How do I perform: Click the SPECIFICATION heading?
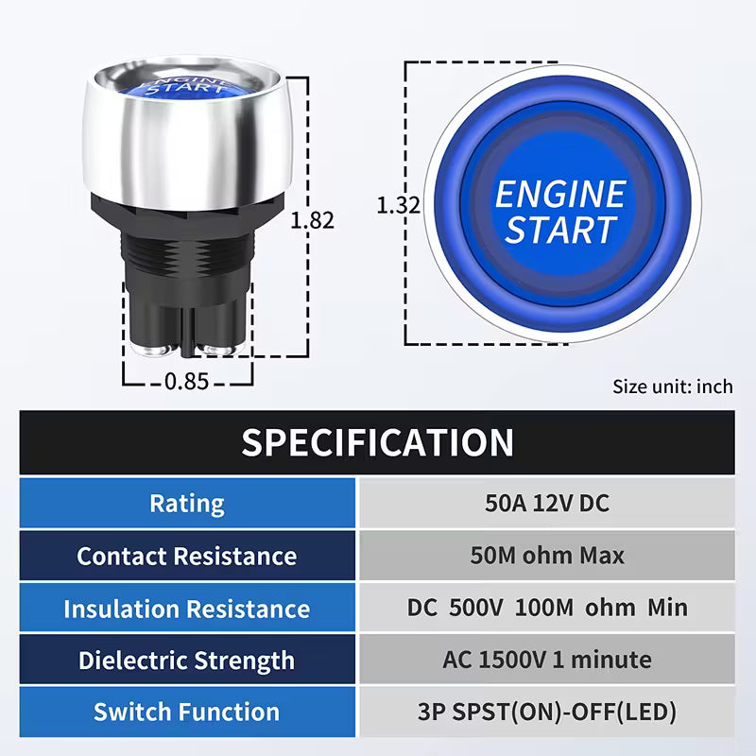click(x=377, y=442)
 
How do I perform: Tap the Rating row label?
click(x=187, y=503)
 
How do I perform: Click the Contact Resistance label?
click(x=187, y=556)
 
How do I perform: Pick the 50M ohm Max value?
click(x=547, y=556)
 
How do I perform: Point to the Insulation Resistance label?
click(x=187, y=608)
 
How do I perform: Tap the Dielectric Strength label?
click(x=187, y=660)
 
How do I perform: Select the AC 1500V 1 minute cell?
click(x=547, y=660)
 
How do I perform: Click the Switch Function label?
click(x=187, y=712)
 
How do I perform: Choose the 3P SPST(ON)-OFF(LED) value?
click(x=547, y=712)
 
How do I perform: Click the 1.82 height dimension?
click(x=312, y=219)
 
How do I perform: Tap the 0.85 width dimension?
click(x=187, y=382)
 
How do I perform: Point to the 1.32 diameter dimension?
click(x=397, y=204)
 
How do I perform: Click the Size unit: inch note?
click(x=672, y=386)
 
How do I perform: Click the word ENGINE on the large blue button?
click(x=559, y=195)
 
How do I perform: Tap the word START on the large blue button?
click(x=559, y=230)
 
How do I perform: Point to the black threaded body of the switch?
click(x=189, y=250)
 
